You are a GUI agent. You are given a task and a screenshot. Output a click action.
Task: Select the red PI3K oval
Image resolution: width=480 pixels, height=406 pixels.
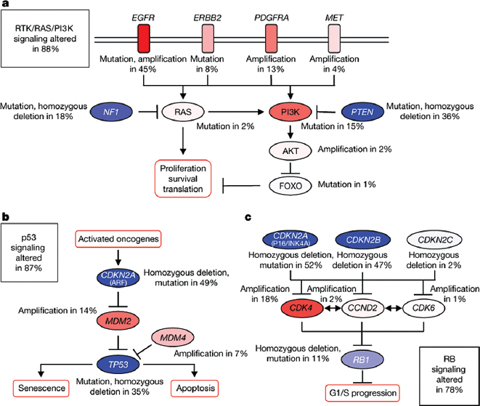tap(290, 112)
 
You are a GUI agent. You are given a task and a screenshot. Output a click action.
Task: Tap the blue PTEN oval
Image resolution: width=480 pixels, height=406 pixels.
tap(360, 112)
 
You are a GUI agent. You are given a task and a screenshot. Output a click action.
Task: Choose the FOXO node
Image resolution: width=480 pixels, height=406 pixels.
tap(290, 184)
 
